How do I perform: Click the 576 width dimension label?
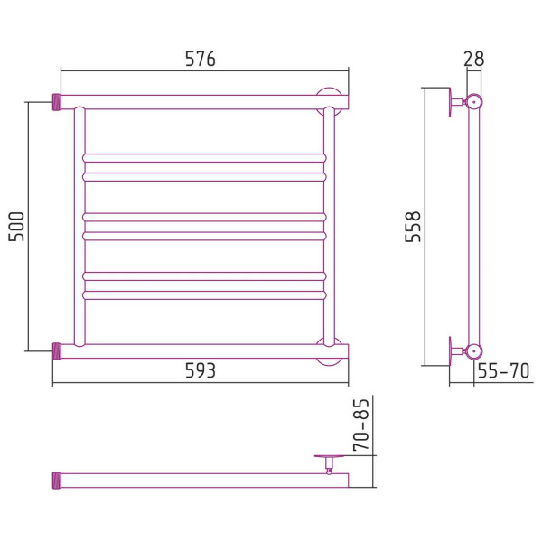point(201,59)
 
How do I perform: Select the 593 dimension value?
point(201,371)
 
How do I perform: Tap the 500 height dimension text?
point(16,227)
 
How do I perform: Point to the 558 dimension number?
point(413,227)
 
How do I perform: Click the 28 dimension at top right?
point(473,59)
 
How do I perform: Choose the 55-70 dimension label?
point(503,371)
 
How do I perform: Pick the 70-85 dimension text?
point(360,425)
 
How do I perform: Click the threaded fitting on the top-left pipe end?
point(57,102)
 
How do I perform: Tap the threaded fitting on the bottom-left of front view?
point(57,350)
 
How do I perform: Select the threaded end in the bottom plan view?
point(57,481)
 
